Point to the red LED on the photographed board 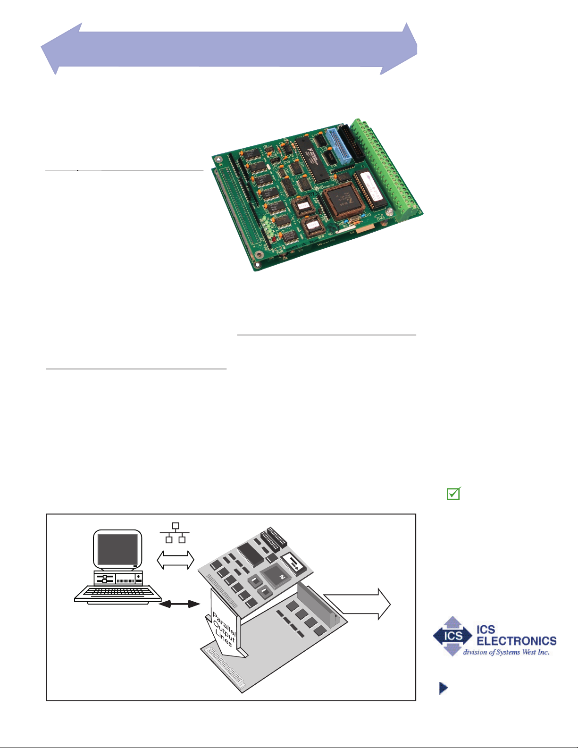pos(274,239)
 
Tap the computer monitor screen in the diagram pos(117,549)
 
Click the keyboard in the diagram pos(117,592)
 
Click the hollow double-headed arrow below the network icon pos(175,560)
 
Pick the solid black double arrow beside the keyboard pos(180,604)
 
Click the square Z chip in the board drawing pos(275,576)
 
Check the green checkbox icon pos(453,494)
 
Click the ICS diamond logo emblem pos(452,636)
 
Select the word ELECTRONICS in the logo pos(517,641)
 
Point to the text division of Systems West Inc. pos(506,652)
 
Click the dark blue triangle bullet pos(443,688)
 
